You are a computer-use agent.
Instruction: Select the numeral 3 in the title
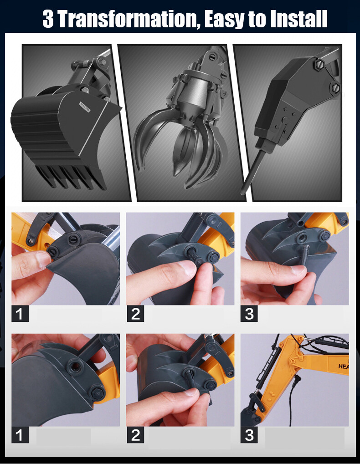pyautogui.click(x=48, y=19)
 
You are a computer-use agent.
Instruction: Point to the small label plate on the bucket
pyautogui.click(x=85, y=107)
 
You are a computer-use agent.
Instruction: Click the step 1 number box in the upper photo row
pyautogui.click(x=20, y=314)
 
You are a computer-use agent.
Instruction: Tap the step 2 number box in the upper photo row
pyautogui.click(x=135, y=314)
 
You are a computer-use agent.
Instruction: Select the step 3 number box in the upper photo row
pyautogui.click(x=249, y=314)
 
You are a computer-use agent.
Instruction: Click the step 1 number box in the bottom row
pyautogui.click(x=20, y=435)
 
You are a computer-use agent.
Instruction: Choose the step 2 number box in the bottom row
pyautogui.click(x=135, y=435)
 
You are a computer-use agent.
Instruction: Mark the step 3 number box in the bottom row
pyautogui.click(x=249, y=435)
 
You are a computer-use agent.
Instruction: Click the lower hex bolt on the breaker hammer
pyautogui.click(x=335, y=88)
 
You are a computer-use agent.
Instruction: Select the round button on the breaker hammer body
pyautogui.click(x=286, y=120)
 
